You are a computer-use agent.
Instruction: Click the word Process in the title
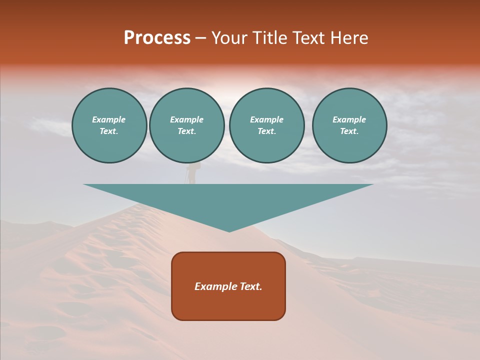(x=157, y=38)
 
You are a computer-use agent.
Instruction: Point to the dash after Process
(x=200, y=38)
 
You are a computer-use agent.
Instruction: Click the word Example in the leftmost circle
(x=109, y=119)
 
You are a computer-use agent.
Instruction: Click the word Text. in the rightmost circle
(x=349, y=131)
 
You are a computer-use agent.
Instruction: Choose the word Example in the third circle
(x=266, y=119)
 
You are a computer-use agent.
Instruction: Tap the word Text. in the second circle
(x=187, y=131)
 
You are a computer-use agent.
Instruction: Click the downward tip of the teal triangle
(x=229, y=230)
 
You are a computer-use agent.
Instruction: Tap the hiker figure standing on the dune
(x=191, y=172)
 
